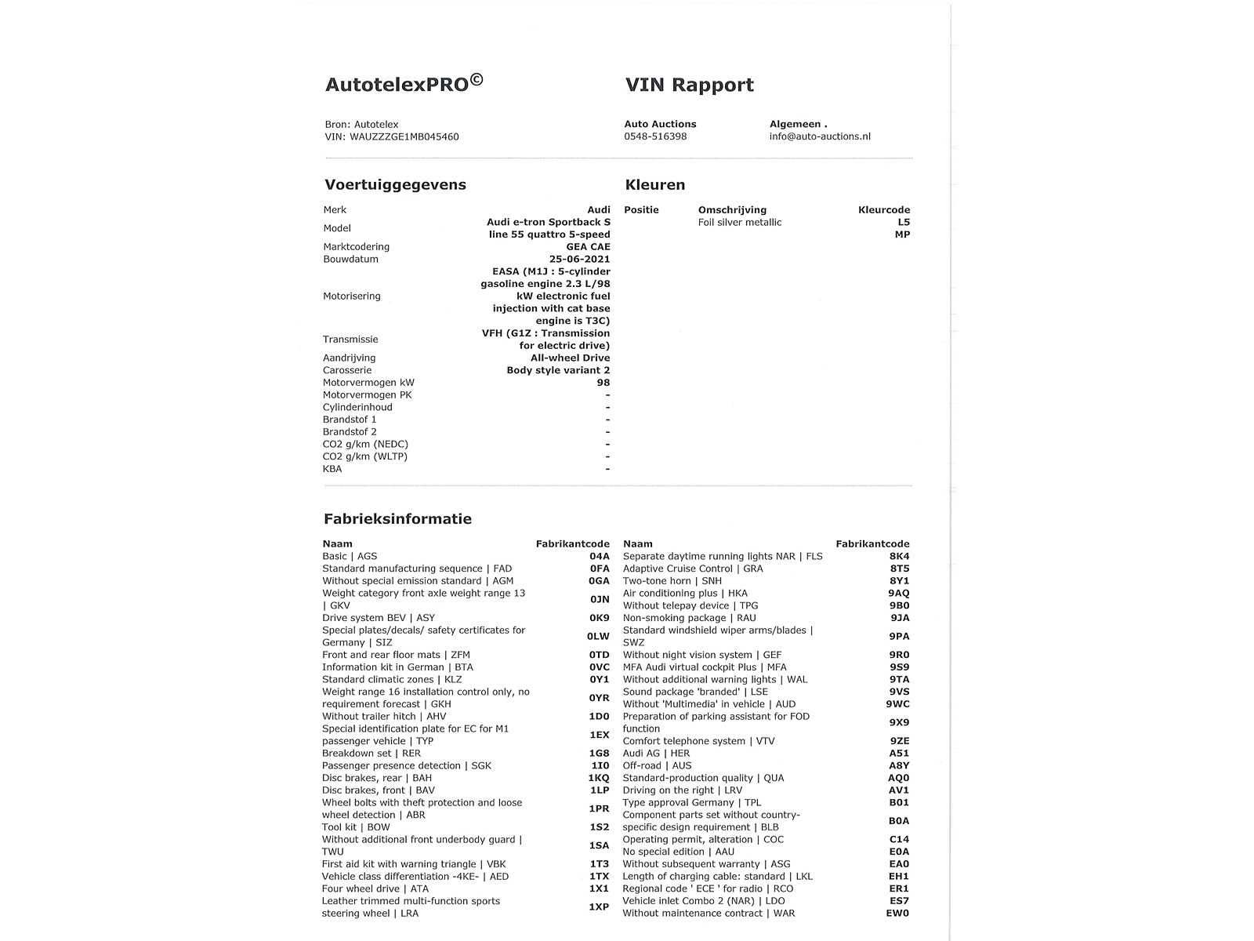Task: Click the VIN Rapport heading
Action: (x=689, y=85)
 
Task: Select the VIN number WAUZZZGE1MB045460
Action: (x=404, y=136)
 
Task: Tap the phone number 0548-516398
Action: (x=655, y=136)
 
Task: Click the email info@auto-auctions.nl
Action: (x=820, y=136)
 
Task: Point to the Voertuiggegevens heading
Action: (x=395, y=185)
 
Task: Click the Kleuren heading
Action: (x=654, y=185)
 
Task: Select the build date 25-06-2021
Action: (x=579, y=259)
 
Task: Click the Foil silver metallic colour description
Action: (x=739, y=222)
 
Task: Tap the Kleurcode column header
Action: (x=884, y=209)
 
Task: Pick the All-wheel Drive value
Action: (x=570, y=358)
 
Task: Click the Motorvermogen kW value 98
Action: (x=603, y=383)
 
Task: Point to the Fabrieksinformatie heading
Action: (x=397, y=519)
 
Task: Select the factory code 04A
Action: (x=599, y=556)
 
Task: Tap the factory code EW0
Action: (x=897, y=913)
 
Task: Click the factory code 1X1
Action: (x=599, y=888)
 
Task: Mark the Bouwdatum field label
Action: (x=350, y=259)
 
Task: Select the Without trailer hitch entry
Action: (x=384, y=716)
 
